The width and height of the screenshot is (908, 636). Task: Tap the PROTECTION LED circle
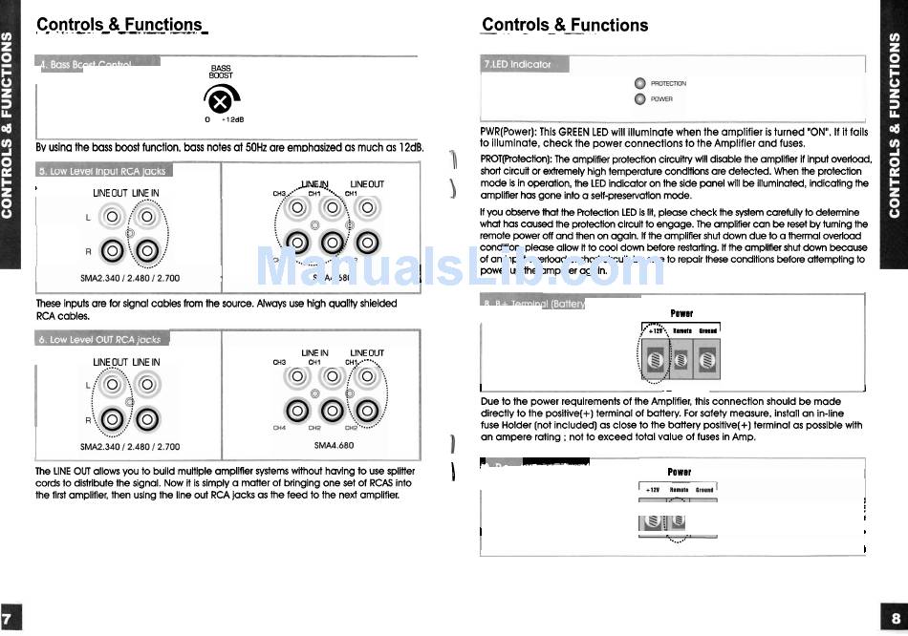pos(640,83)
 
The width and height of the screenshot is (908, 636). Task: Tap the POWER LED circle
pos(640,98)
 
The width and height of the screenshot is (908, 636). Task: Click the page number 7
pos(9,616)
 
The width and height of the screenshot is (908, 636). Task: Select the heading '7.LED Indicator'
pos(518,64)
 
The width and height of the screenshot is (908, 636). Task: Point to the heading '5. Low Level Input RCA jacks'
pos(102,171)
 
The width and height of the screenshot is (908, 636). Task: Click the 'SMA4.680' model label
pos(334,445)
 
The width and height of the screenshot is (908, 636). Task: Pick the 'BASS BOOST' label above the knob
pos(221,72)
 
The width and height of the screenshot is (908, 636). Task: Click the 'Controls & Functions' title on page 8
pos(565,25)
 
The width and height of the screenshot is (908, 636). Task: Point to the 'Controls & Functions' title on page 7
pos(119,25)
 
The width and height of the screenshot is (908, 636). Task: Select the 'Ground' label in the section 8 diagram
pos(707,330)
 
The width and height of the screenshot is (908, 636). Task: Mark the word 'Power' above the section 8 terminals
pos(681,313)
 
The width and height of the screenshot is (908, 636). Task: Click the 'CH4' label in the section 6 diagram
pos(279,428)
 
